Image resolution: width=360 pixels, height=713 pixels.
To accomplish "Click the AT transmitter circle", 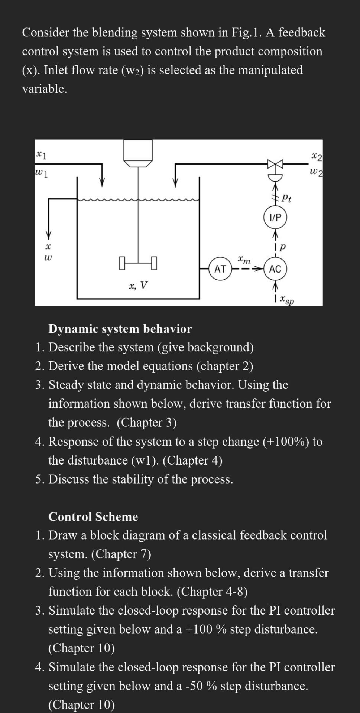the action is (x=220, y=269).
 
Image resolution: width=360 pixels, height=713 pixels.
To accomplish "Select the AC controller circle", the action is (x=275, y=269).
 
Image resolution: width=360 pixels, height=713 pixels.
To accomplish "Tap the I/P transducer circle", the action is (x=275, y=217).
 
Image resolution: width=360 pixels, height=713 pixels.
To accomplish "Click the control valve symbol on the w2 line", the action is (x=275, y=164).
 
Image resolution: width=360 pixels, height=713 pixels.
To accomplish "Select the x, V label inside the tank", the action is (x=138, y=286).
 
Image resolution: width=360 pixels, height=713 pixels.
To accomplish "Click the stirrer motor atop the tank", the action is (x=138, y=152).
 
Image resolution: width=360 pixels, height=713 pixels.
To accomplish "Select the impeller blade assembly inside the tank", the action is (x=138, y=263).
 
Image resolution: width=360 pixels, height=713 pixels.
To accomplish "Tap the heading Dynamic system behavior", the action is (x=120, y=329).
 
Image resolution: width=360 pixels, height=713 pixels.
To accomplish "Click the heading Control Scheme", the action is (x=93, y=517).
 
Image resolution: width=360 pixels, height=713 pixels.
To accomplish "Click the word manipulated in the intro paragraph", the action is (x=270, y=70).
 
